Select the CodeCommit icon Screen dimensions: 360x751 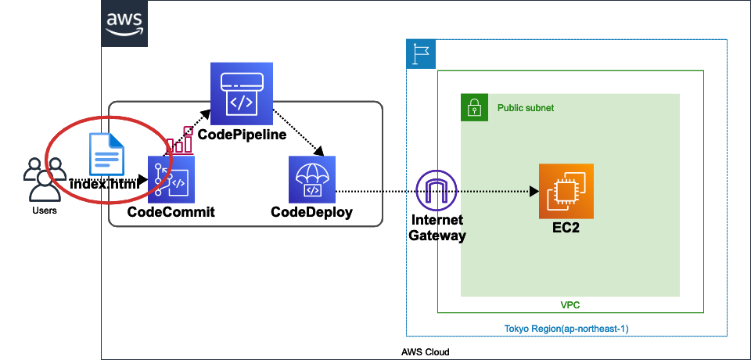click(171, 179)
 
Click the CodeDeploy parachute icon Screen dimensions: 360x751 click(311, 179)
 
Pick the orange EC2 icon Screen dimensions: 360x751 click(566, 191)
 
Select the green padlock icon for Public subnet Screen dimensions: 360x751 click(473, 107)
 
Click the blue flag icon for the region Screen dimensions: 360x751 click(421, 54)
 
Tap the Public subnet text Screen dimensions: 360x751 click(526, 108)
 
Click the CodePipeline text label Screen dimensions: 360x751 click(242, 135)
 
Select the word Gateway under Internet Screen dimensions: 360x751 click(437, 236)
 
